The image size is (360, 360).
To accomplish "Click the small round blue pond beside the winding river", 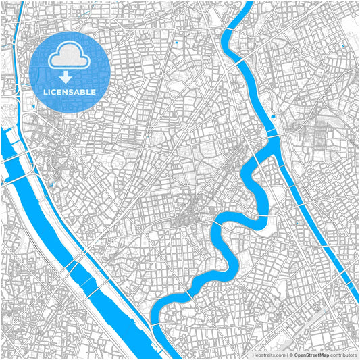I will [x=274, y=116].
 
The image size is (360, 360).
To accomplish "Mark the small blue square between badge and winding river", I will [x=176, y=43].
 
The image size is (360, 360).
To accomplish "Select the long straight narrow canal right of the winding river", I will [x=317, y=223].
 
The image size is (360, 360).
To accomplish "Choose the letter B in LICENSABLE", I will [x=84, y=91].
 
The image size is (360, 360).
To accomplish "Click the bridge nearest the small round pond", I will [x=277, y=135].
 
